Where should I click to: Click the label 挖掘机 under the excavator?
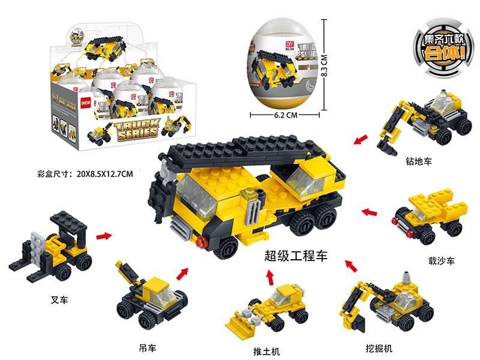tap(380, 348)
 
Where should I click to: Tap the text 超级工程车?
tap(296, 256)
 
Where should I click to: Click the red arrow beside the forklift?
tap(104, 236)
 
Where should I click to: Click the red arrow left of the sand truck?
tap(370, 212)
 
